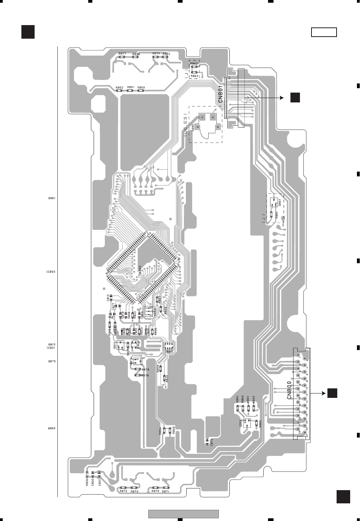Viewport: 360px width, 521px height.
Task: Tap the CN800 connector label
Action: [x=289, y=390]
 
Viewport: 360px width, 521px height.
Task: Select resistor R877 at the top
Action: [x=122, y=57]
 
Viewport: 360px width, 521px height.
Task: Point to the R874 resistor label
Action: [x=166, y=54]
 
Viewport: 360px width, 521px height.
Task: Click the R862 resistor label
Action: [x=194, y=64]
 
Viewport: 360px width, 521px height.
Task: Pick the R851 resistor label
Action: [x=131, y=87]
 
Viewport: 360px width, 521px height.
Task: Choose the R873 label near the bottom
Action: [x=134, y=491]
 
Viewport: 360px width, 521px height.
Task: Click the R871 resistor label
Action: [x=166, y=491]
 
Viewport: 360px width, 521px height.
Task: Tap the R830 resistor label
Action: [x=87, y=482]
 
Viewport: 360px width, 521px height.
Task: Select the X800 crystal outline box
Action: [x=148, y=311]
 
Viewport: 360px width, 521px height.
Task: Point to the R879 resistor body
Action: [x=137, y=369]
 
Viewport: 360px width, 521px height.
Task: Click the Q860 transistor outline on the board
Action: [x=247, y=423]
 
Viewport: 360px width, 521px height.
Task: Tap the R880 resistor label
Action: [x=260, y=424]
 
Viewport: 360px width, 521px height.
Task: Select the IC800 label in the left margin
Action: [x=51, y=272]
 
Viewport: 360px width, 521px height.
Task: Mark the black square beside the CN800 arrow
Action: [x=332, y=393]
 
